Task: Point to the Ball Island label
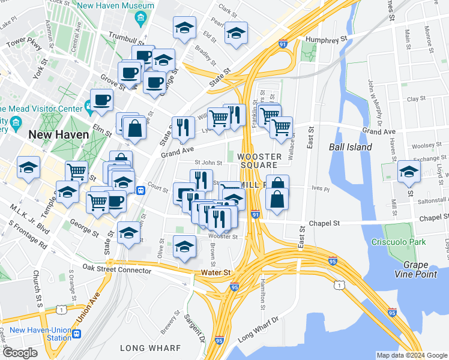click(351, 147)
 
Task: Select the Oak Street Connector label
click(117, 269)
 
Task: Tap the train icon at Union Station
click(77, 333)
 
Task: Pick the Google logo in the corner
click(19, 353)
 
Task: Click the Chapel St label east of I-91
click(324, 223)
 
